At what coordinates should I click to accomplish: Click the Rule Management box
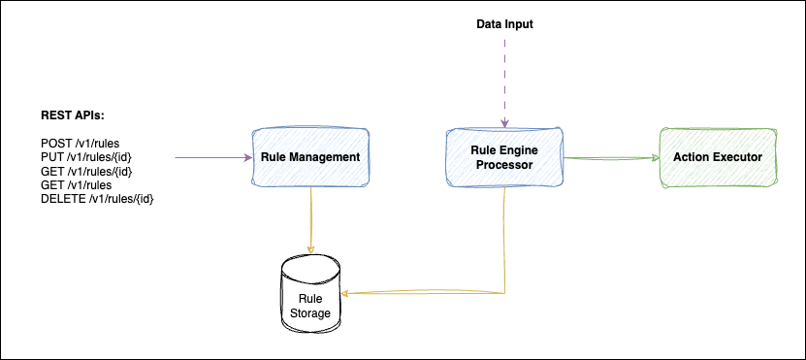coord(310,156)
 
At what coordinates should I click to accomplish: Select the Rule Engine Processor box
coord(504,156)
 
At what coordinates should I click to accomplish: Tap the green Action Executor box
coord(717,156)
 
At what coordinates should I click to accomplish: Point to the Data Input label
coord(504,23)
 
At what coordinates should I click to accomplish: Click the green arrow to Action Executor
coord(611,156)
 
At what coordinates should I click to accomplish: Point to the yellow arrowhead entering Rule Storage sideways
coord(348,292)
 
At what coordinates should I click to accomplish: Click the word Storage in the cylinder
coord(310,313)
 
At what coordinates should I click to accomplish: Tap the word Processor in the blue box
coord(504,164)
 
